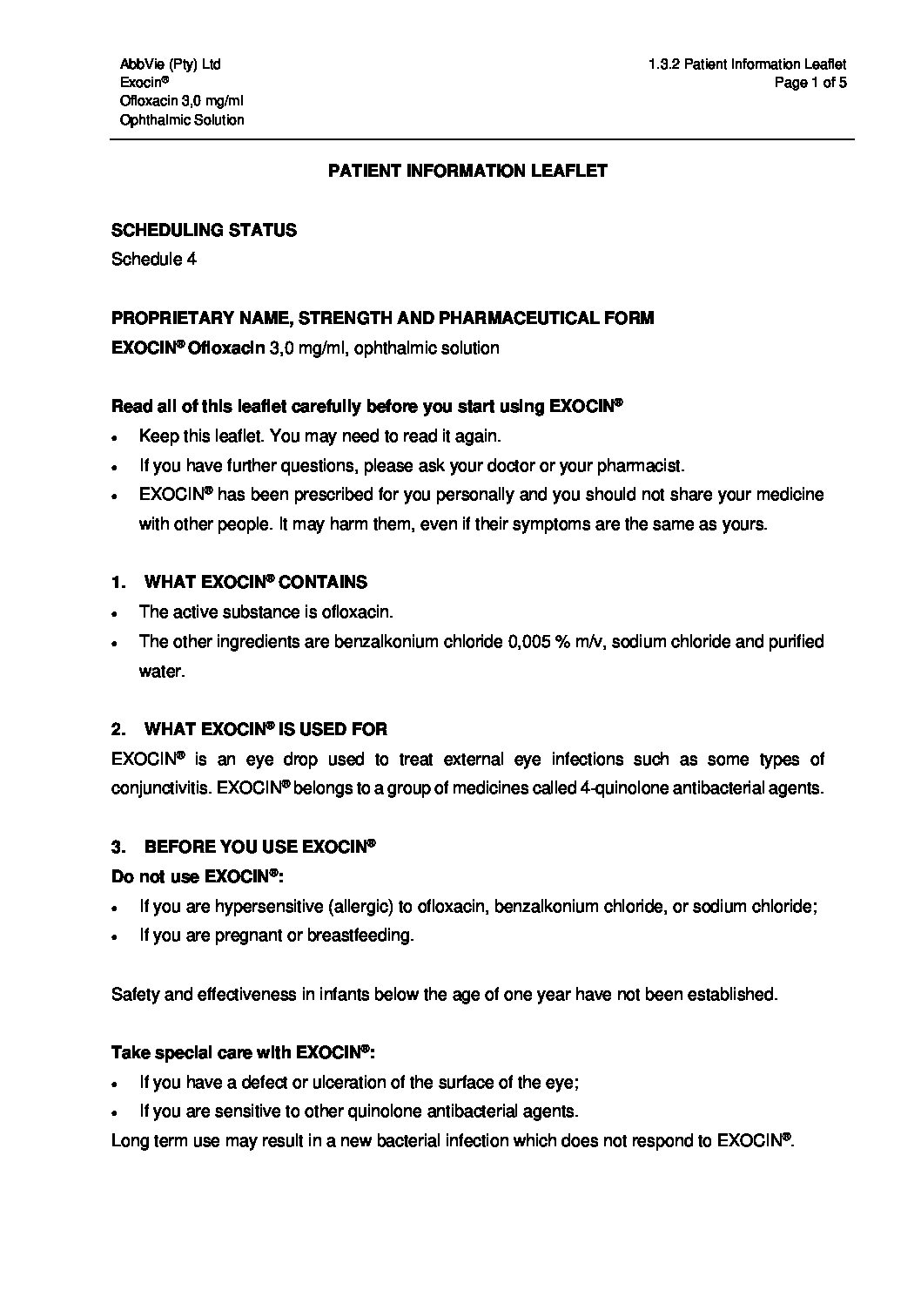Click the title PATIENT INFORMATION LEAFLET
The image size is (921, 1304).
click(x=467, y=171)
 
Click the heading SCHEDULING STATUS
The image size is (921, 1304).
click(x=204, y=230)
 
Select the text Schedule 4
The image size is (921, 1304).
click(x=153, y=260)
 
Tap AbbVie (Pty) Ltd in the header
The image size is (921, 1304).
click(x=170, y=64)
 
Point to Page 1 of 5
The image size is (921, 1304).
click(x=810, y=83)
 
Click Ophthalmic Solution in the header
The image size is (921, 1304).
click(x=182, y=120)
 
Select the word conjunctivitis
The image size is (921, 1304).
click(x=160, y=788)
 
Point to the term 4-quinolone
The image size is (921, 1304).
click(x=621, y=788)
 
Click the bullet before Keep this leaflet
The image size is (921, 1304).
click(x=117, y=437)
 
